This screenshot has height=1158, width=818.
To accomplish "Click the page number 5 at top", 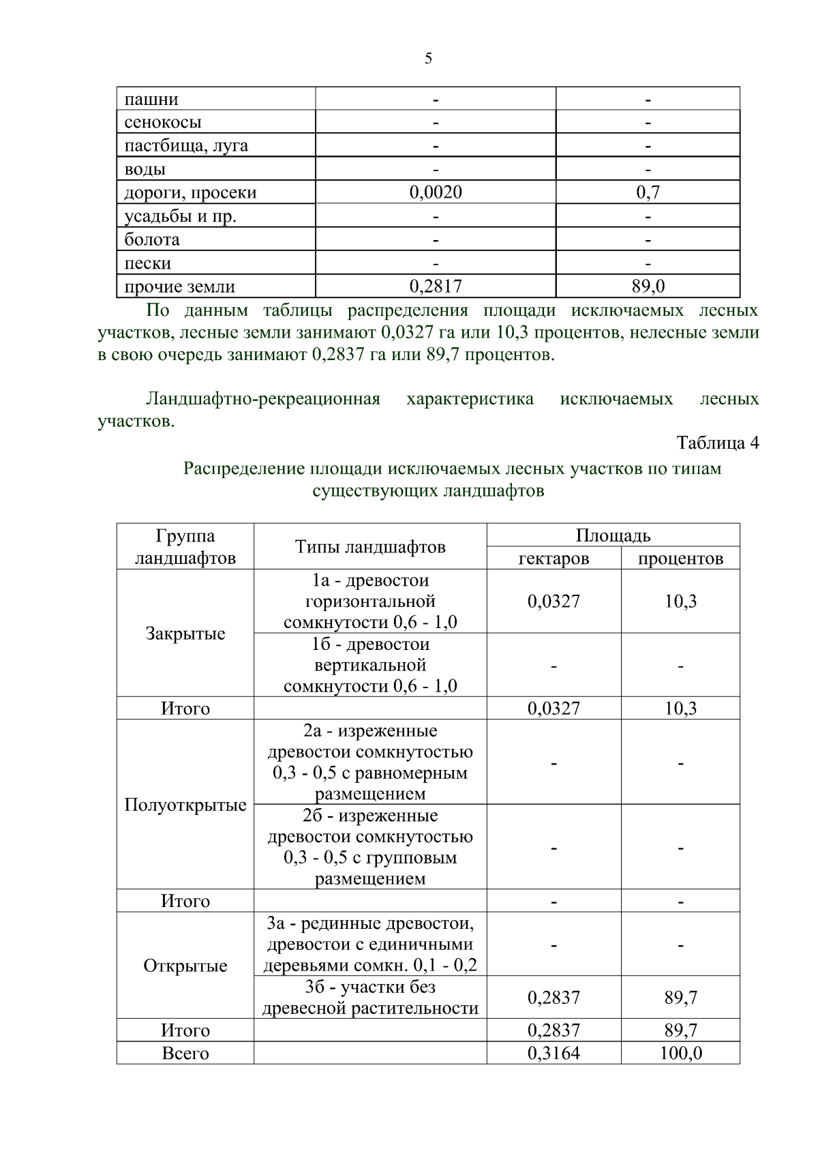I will [428, 59].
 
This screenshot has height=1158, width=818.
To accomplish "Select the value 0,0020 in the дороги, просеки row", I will [436, 192].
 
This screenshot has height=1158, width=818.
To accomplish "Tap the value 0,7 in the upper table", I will [648, 192].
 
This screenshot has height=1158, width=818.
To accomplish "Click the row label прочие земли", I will [179, 287].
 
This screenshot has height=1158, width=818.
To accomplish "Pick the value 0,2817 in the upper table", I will [436, 286].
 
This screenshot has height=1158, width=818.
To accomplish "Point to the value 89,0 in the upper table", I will [648, 286].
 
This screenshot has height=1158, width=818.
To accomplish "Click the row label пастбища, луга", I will [186, 146].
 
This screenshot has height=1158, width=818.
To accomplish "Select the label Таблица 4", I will [717, 443].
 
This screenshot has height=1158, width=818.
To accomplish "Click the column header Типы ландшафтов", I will [370, 547].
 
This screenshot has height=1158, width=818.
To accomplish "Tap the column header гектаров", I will [554, 559].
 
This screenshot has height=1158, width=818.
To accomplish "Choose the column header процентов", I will [680, 559].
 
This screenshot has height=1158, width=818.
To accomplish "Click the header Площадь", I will [613, 535].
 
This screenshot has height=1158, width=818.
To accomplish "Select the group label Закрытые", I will [185, 634].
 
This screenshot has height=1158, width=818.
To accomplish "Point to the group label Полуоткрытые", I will [185, 805].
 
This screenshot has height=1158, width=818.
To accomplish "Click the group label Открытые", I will [185, 966].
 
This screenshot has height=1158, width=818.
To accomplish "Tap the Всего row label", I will [185, 1054].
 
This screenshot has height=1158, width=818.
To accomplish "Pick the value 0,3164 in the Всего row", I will [554, 1054].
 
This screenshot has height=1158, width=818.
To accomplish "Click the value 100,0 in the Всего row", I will [680, 1054].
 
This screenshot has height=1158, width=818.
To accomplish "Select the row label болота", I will [152, 240].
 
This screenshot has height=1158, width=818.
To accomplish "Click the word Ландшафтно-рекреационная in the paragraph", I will [263, 399].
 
